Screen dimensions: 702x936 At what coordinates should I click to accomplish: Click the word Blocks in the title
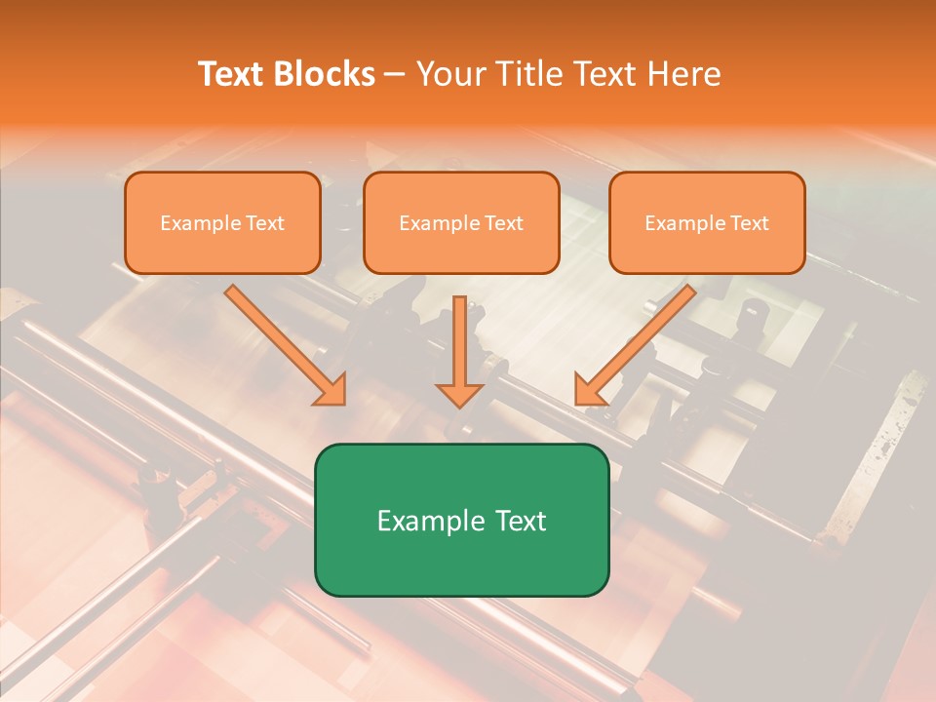[x=327, y=74]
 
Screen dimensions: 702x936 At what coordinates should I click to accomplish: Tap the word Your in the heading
[x=452, y=74]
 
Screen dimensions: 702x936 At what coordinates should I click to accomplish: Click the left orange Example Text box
[x=222, y=222]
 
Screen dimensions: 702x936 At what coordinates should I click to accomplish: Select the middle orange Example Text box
[x=461, y=222]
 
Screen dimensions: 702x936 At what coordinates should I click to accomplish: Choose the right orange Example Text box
[x=707, y=222]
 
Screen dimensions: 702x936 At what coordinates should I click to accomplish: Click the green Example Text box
[x=461, y=520]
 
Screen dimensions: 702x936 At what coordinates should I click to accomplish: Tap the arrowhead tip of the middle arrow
[x=459, y=404]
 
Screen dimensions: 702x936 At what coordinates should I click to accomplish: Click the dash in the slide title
[x=395, y=74]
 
